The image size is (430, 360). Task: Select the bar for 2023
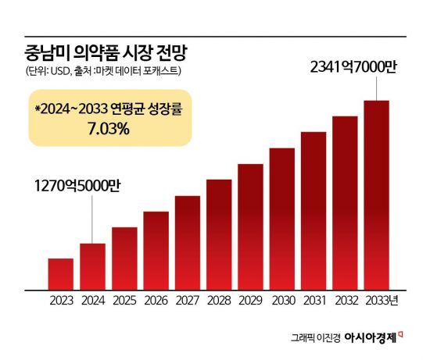61,273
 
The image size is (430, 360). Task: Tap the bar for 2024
92,266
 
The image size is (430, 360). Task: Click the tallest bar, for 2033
376,195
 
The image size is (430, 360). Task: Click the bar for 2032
345,203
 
